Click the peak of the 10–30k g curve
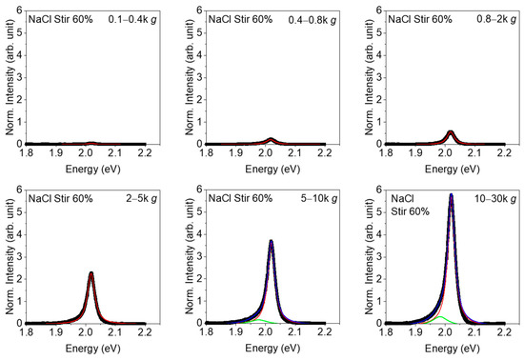pyautogui.click(x=451, y=195)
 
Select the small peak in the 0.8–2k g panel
pyautogui.click(x=451, y=131)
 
